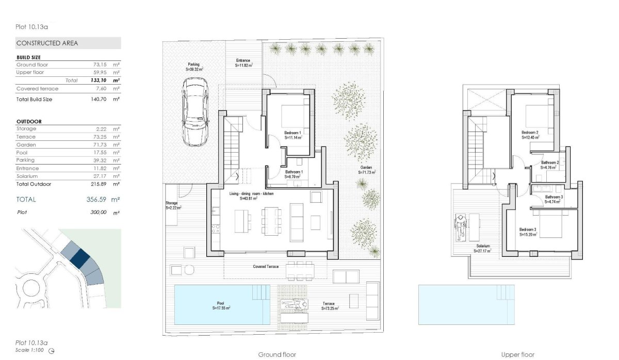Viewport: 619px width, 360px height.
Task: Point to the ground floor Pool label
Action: coord(221,305)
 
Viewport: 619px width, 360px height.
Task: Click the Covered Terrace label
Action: coord(266,267)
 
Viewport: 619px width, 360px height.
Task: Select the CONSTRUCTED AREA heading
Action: coord(47,43)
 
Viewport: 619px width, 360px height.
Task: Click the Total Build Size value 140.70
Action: coord(97,99)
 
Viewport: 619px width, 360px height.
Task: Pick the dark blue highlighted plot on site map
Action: coord(80,257)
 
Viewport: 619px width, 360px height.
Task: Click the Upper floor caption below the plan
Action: coord(517,355)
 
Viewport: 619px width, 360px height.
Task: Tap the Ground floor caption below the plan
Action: coord(277,355)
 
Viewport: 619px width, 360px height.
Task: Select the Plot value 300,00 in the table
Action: coord(98,212)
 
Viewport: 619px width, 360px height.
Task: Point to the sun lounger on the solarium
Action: coord(461,227)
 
